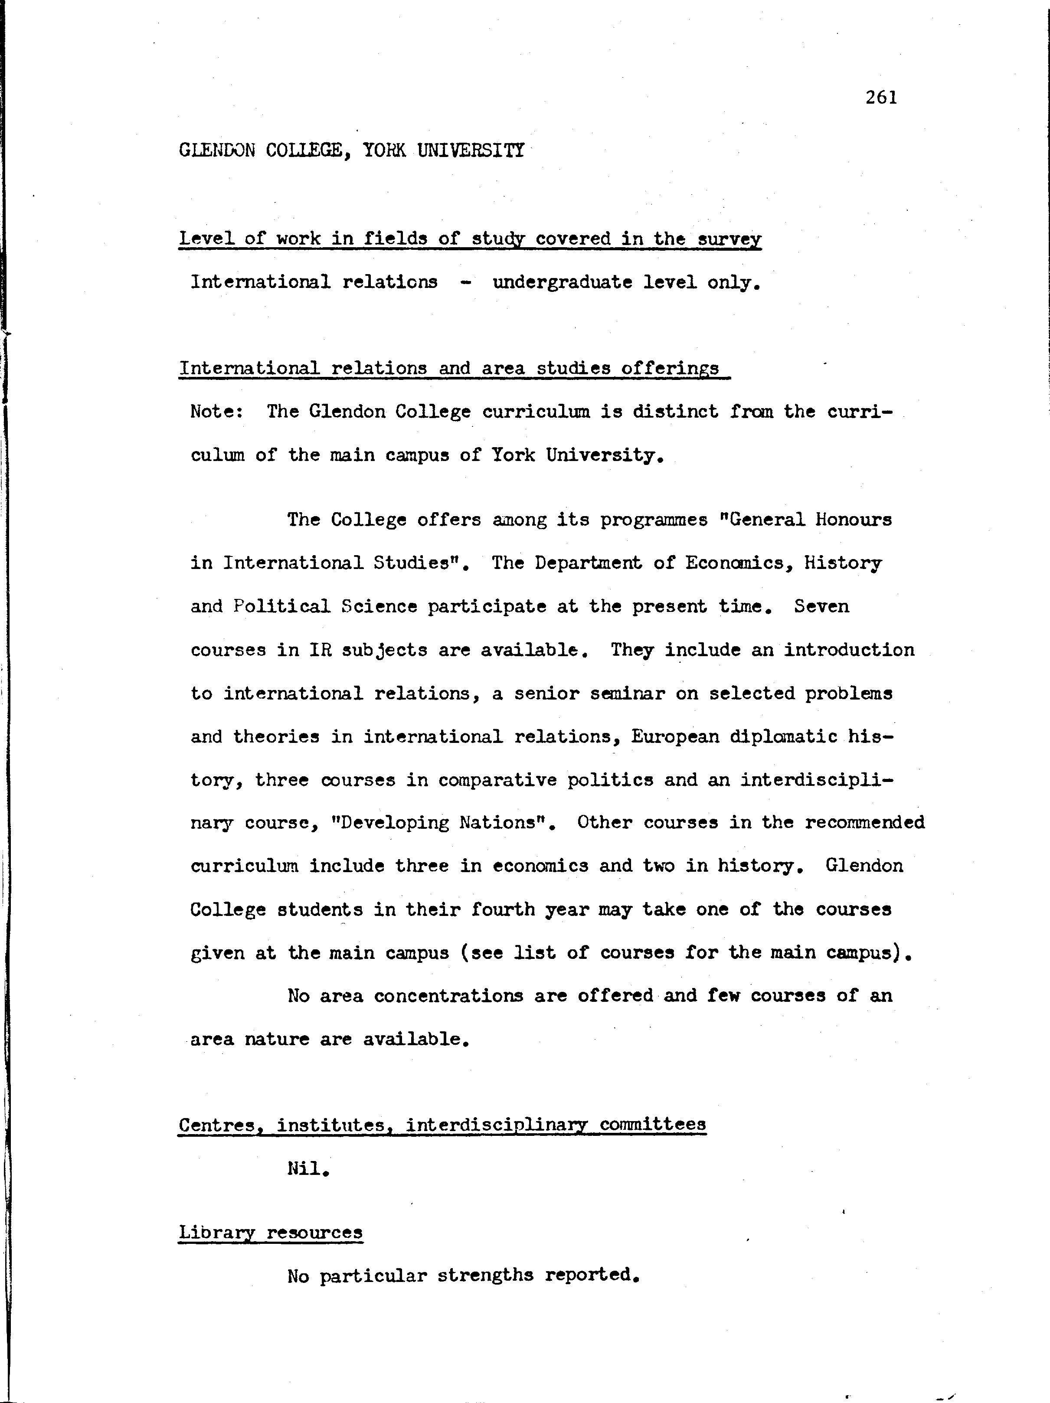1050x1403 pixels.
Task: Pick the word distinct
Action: point(675,412)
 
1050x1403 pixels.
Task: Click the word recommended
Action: point(864,823)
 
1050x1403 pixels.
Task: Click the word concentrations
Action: point(448,996)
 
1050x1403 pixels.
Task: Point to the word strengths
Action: point(485,1275)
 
